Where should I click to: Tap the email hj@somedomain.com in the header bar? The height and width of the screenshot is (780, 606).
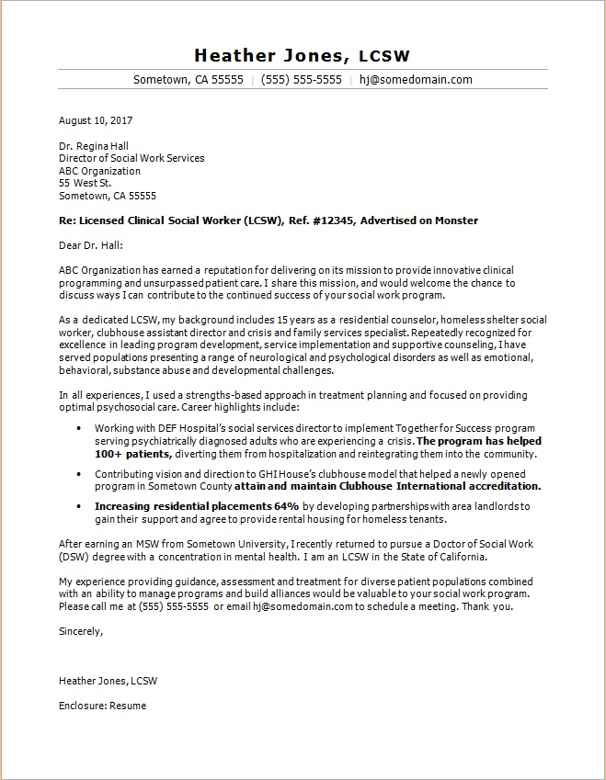click(416, 80)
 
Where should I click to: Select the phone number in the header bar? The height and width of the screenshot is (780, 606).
click(302, 80)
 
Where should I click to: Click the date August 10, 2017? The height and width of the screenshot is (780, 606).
click(97, 120)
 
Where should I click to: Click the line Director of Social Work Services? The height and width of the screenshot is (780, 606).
click(131, 158)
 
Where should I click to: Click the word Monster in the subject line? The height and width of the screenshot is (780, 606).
click(457, 220)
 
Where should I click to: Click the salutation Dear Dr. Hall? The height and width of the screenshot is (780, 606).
click(90, 245)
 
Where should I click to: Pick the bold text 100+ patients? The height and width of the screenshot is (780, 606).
click(132, 454)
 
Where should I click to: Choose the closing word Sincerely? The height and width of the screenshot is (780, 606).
click(81, 632)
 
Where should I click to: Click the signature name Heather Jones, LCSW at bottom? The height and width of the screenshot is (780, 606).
click(108, 681)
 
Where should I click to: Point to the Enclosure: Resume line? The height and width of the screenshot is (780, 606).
click(102, 706)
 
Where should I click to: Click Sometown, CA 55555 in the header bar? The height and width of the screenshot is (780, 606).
click(189, 80)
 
